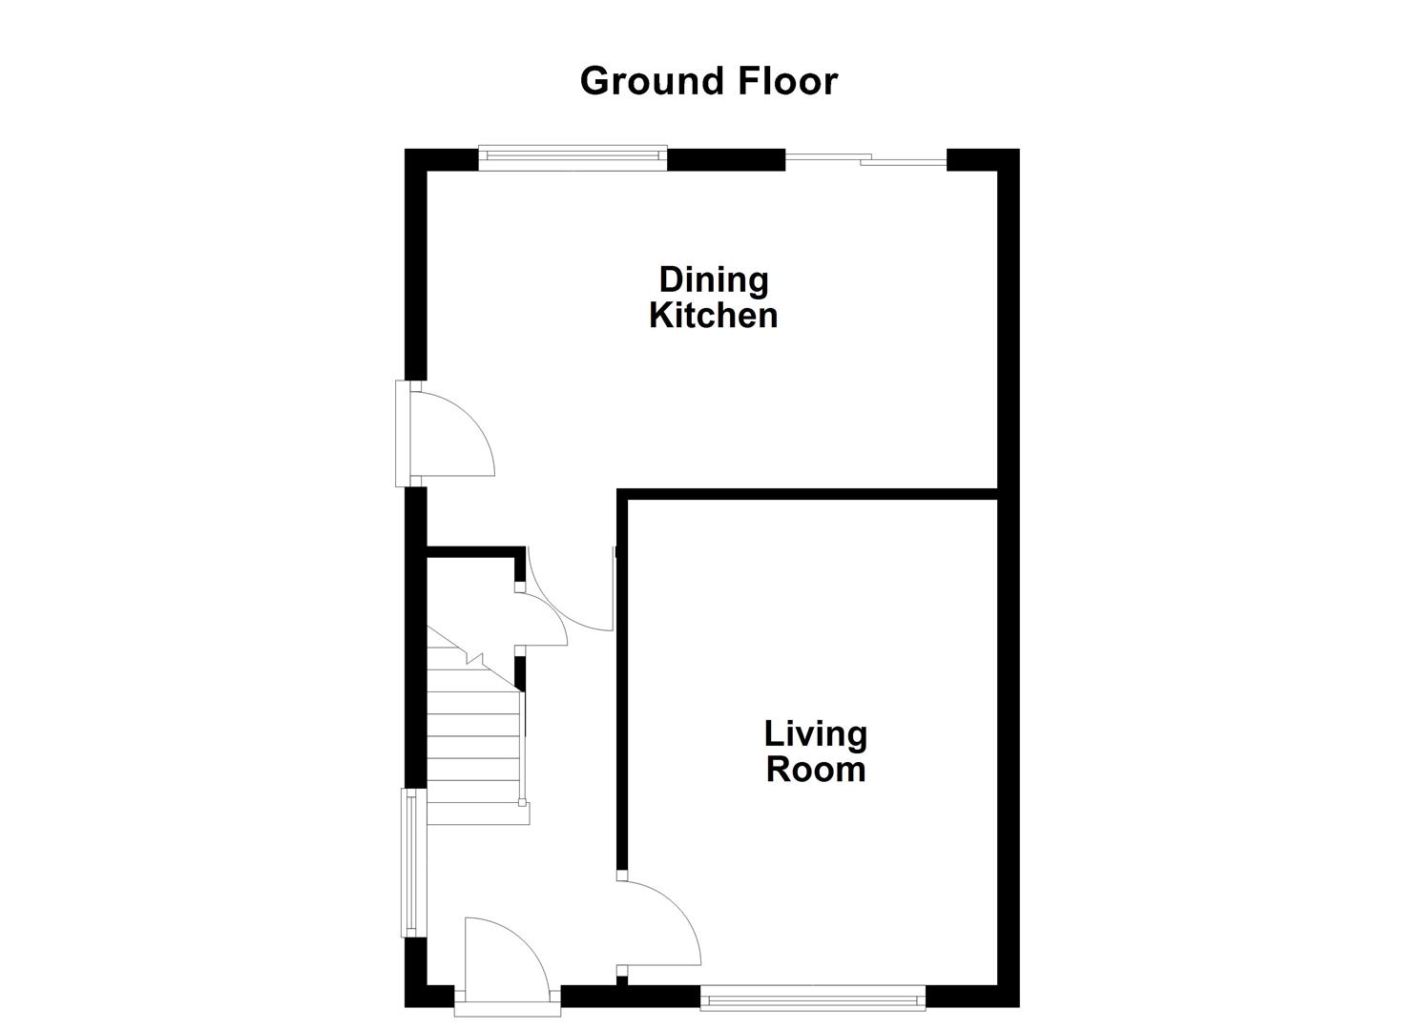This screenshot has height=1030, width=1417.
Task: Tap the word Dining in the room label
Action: [x=714, y=279]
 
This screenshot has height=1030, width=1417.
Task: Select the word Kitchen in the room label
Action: [x=714, y=315]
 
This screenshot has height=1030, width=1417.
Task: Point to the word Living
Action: [x=816, y=733]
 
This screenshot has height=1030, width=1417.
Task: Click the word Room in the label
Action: [x=816, y=769]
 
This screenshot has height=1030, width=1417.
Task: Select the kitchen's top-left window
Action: [x=573, y=157]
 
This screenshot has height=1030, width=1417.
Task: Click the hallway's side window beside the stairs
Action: [x=410, y=862]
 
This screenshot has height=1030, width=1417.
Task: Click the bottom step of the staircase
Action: [x=472, y=813]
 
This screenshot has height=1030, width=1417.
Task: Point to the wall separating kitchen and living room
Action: [x=811, y=494]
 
